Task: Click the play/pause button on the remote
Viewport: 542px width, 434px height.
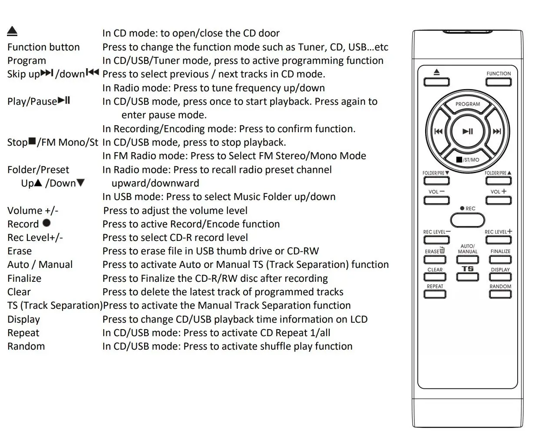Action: point(467,131)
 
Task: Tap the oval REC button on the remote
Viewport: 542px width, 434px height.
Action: point(467,220)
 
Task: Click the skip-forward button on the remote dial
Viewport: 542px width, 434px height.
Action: point(496,131)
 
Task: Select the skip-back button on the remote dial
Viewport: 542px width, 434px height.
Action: point(439,131)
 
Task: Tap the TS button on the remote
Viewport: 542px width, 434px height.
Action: point(467,277)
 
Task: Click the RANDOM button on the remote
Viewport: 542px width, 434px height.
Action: point(500,294)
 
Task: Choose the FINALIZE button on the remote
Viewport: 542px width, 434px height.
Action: point(500,260)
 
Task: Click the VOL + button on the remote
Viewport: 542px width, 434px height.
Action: point(498,200)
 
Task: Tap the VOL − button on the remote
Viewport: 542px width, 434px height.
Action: point(436,200)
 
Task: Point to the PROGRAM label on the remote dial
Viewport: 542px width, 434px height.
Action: point(467,104)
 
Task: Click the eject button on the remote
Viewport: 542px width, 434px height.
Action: point(436,82)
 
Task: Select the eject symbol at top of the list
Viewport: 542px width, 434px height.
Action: point(12,31)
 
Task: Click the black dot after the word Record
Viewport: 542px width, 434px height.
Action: point(46,223)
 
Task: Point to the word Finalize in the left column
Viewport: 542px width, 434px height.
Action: point(24,278)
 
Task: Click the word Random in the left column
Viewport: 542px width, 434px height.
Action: point(26,346)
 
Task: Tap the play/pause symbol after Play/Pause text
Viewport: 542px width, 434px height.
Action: point(64,100)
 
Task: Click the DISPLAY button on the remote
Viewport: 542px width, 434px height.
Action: point(500,277)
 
